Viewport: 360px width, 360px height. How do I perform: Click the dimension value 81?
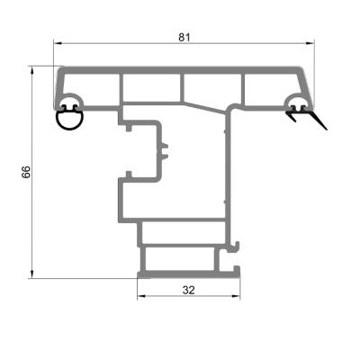184,37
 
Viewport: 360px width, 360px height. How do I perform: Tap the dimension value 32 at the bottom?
188,290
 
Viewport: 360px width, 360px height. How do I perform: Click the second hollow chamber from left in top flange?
152,86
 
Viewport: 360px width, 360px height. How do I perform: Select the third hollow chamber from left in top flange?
212,86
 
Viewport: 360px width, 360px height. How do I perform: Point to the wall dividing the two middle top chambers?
183,86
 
